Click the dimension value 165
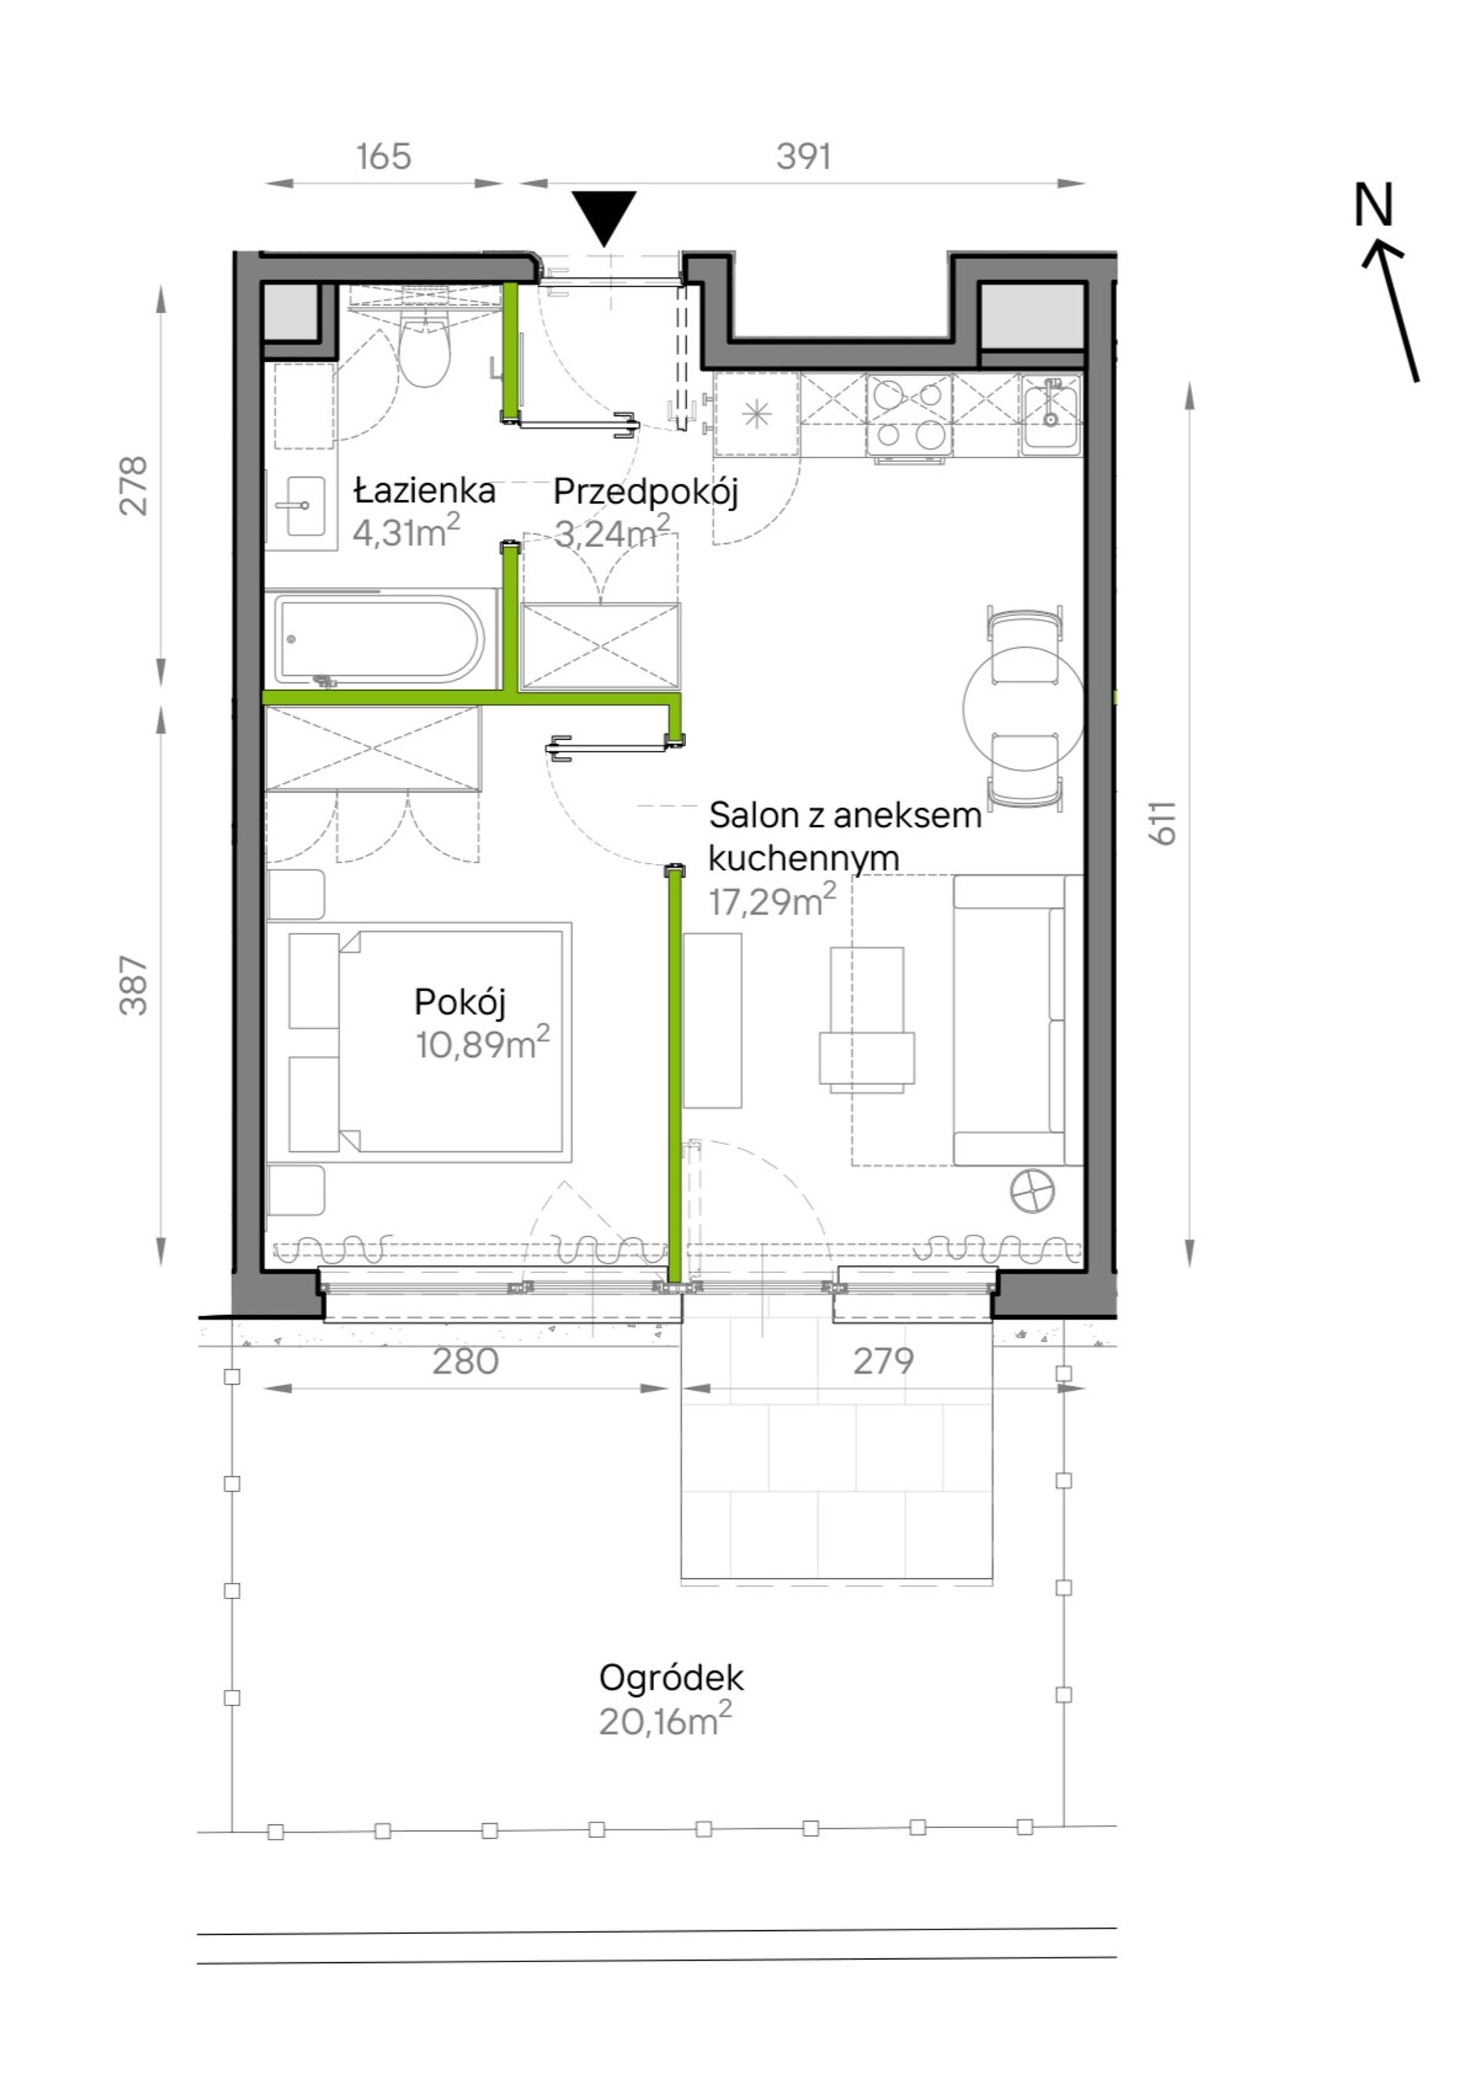click(384, 156)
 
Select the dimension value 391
click(803, 156)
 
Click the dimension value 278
click(133, 486)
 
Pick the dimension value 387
click(133, 985)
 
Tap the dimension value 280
click(465, 1360)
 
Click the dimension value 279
click(883, 1360)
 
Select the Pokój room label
click(460, 1002)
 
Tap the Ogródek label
click(670, 1677)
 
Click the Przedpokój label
click(645, 492)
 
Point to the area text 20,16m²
click(665, 1720)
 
